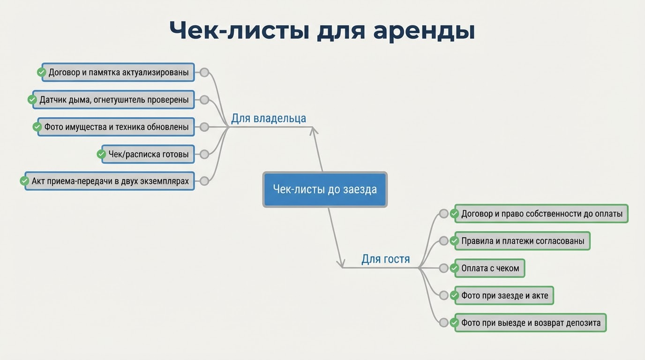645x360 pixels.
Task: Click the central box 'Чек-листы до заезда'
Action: click(324, 189)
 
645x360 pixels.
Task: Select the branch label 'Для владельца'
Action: click(268, 118)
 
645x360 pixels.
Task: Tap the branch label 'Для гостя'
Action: click(385, 259)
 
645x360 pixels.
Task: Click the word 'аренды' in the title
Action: click(424, 31)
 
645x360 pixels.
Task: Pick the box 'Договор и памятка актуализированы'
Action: click(118, 73)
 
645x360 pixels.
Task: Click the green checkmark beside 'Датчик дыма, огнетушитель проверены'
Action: click(32, 100)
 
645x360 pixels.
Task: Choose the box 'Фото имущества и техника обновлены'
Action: click(116, 127)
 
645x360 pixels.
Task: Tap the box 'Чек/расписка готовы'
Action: click(148, 154)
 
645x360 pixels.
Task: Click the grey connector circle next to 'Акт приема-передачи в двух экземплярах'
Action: click(204, 181)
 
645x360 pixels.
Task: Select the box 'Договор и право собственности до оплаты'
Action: click(541, 214)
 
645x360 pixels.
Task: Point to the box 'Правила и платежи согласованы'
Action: click(522, 241)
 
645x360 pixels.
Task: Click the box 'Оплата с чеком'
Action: click(490, 268)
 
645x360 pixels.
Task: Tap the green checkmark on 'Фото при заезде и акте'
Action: click(454, 295)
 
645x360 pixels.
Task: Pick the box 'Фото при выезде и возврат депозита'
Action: click(531, 322)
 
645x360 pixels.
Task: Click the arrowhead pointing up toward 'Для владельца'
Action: click(314, 130)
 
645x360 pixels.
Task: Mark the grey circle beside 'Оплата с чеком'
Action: click(443, 268)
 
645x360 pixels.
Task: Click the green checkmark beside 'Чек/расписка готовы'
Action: click(101, 154)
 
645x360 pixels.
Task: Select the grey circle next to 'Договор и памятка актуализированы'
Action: click(204, 73)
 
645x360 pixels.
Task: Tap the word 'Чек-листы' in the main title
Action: click(239, 31)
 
